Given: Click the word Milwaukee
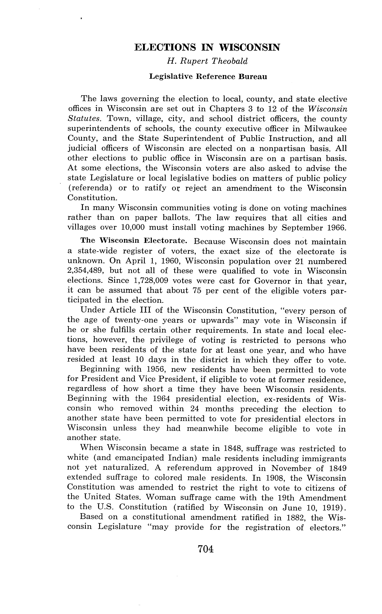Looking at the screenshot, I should (x=325, y=129).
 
